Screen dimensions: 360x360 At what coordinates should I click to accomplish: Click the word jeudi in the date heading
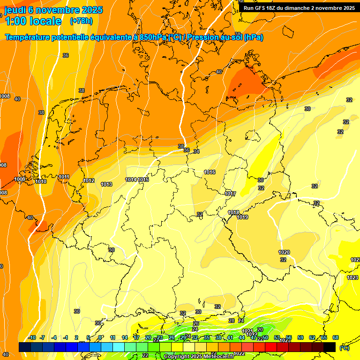(x=15, y=10)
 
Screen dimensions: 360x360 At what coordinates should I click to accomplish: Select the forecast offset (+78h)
(x=81, y=21)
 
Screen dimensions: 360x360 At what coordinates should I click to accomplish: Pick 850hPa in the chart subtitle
(x=153, y=37)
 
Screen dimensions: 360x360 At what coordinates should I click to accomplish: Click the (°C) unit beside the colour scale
(x=344, y=347)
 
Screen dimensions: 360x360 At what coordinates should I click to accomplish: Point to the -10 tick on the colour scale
(x=32, y=337)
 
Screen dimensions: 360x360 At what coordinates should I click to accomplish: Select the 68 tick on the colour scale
(x=336, y=337)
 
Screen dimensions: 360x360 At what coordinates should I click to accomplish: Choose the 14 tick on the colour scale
(x=125, y=337)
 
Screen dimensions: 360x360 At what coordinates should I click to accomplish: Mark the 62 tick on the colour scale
(x=312, y=337)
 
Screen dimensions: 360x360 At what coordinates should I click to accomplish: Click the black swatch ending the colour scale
(x=330, y=347)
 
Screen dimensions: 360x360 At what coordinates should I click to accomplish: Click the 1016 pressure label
(x=210, y=172)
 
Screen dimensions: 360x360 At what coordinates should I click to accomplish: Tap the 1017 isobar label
(x=230, y=194)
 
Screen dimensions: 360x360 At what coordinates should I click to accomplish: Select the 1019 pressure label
(x=242, y=217)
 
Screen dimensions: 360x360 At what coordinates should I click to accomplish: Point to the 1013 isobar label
(x=106, y=184)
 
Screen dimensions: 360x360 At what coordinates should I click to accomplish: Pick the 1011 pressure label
(x=64, y=177)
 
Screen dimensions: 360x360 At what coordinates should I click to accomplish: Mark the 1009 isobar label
(x=20, y=179)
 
